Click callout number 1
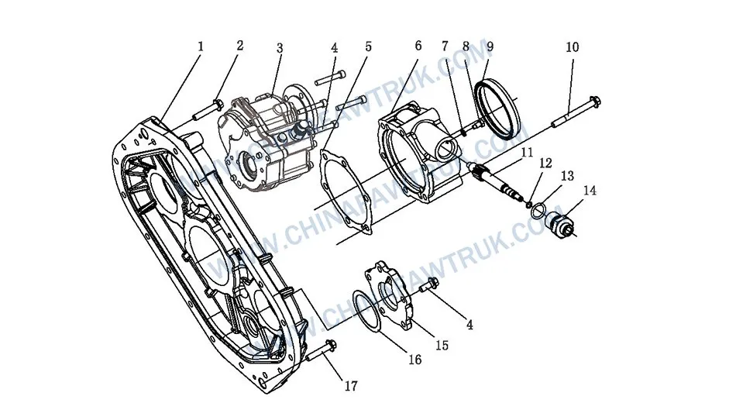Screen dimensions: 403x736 pos(200,46)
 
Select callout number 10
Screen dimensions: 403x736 pos(572,47)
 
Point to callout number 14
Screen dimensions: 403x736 pos(591,190)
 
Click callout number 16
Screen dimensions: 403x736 pos(415,360)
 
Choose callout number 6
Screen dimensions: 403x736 pos(418,46)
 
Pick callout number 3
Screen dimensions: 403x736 pos(280,47)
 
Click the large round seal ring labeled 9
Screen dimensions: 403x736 pos(497,112)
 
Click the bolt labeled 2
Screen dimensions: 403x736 pos(205,109)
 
